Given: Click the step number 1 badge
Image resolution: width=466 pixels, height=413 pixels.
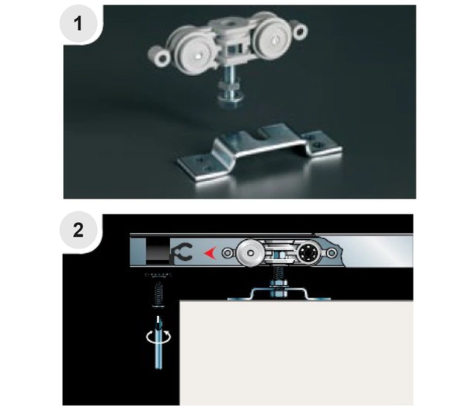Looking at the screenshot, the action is (78, 24).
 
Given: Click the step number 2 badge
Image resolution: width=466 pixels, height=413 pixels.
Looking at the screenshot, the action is (78, 230).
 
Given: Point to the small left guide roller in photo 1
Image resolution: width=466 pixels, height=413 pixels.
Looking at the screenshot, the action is (162, 57).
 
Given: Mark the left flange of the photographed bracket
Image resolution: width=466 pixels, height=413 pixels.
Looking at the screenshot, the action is (201, 167).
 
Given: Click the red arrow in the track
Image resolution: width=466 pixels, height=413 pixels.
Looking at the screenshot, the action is (210, 253).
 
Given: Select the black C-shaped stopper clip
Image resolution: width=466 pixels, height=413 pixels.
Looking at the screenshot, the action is (182, 252).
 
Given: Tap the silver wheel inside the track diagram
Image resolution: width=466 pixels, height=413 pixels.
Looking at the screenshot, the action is (251, 253).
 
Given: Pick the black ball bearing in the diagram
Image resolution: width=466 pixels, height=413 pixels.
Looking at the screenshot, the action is (309, 253).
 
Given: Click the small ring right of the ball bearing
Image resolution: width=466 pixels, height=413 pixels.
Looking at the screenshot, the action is (332, 253).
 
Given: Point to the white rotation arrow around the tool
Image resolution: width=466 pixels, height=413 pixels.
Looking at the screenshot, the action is (158, 336).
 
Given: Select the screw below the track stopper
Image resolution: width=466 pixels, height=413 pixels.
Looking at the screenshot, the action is (158, 294).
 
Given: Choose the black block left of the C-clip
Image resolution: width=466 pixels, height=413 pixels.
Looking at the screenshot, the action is (158, 251).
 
